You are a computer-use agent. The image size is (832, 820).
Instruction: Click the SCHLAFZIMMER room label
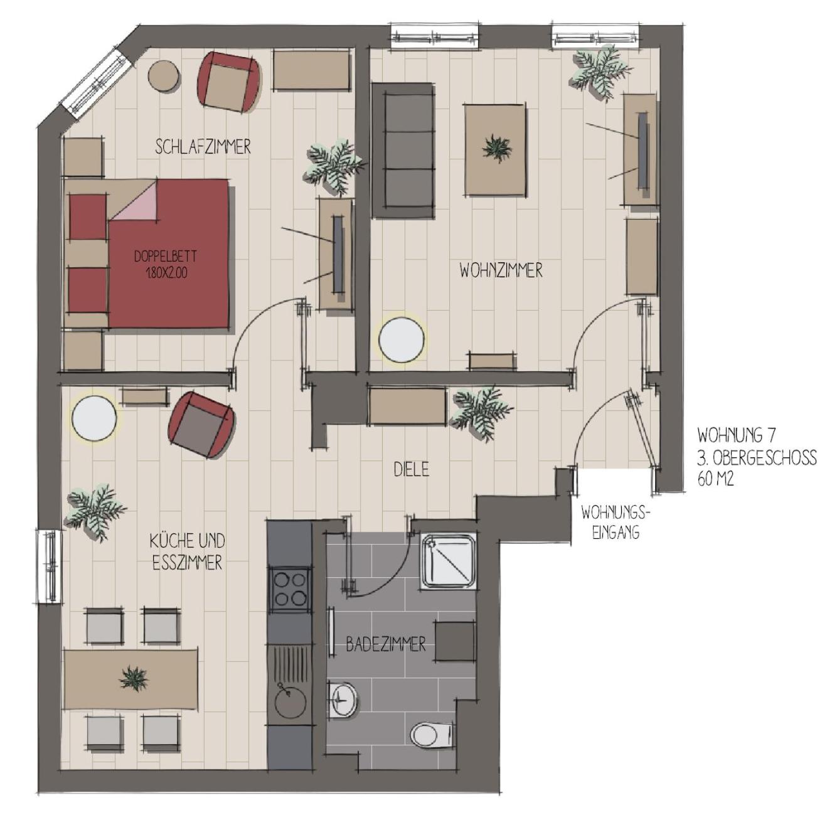pos(203,146)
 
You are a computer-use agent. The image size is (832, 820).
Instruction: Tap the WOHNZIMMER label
pos(501,271)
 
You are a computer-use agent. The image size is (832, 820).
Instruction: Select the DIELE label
pos(412,469)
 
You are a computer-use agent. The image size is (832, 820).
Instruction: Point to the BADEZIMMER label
pos(385,645)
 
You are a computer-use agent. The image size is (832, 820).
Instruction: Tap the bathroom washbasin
pos(343,699)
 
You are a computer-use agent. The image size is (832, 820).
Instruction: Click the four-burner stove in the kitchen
pos(289,589)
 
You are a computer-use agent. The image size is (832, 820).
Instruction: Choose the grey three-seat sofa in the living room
pos(403,151)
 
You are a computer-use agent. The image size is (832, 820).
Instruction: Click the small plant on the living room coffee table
pos(497,147)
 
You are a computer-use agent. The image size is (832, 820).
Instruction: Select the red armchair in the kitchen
pos(201,425)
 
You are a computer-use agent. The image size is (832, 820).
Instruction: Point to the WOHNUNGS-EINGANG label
pos(616,523)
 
